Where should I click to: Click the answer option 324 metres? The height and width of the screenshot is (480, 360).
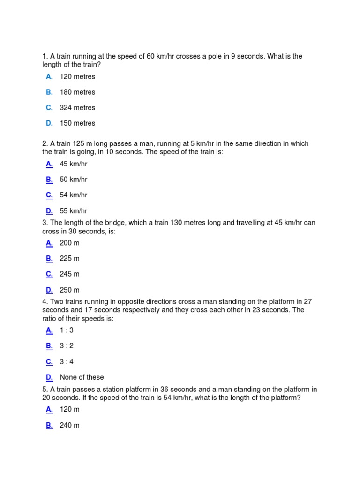pos(77,108)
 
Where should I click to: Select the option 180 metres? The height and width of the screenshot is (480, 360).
pos(77,92)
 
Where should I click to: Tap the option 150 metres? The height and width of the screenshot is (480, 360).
pos(77,123)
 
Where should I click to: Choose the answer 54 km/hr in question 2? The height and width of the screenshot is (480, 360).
pos(74,195)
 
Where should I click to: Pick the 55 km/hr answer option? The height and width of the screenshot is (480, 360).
pos(74,211)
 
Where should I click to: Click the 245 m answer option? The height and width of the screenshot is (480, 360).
pos(70,274)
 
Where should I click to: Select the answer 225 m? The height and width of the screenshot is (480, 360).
pos(70,258)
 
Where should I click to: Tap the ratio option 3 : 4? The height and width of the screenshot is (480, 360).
pos(67,361)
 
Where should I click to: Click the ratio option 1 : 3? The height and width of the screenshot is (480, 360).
pos(67,330)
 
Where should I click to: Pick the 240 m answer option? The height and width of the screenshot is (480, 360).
pos(70,425)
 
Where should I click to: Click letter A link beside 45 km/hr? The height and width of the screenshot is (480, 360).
pos(49,164)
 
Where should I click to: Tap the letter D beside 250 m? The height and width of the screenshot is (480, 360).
pos(49,290)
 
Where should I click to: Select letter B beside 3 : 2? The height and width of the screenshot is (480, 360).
pos(49,346)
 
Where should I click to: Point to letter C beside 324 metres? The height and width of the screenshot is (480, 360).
pos(49,108)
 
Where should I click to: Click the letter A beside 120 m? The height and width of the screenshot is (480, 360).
pos(49,409)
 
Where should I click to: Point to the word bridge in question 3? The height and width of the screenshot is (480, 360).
pos(104,223)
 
